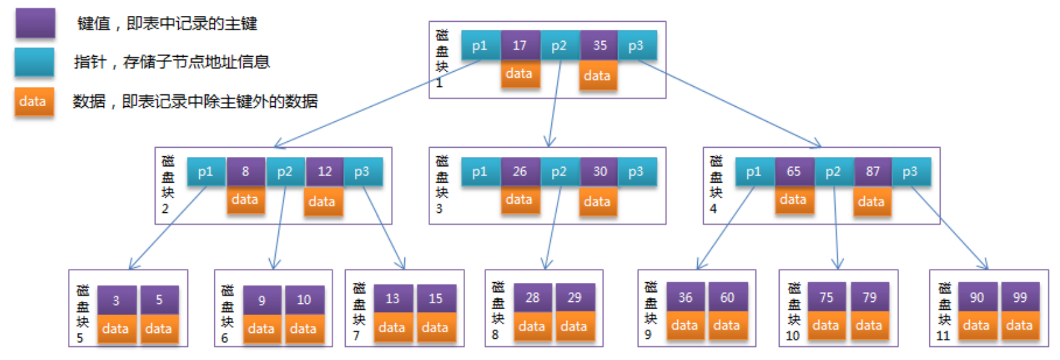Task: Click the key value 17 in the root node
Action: click(520, 45)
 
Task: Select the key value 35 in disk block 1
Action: click(599, 45)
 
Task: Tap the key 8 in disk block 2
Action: click(245, 171)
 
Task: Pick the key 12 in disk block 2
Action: click(325, 171)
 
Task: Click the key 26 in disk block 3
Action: click(520, 171)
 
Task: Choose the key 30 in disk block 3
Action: click(599, 171)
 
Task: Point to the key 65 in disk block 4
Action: click(794, 171)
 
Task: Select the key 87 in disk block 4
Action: click(873, 171)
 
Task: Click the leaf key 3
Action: click(116, 300)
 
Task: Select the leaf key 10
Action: click(304, 300)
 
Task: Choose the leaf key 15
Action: click(436, 299)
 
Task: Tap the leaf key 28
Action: click(533, 297)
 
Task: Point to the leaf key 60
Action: click(728, 297)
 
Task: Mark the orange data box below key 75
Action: click(826, 326)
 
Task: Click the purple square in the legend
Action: click(36, 22)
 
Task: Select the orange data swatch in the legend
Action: click(34, 102)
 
